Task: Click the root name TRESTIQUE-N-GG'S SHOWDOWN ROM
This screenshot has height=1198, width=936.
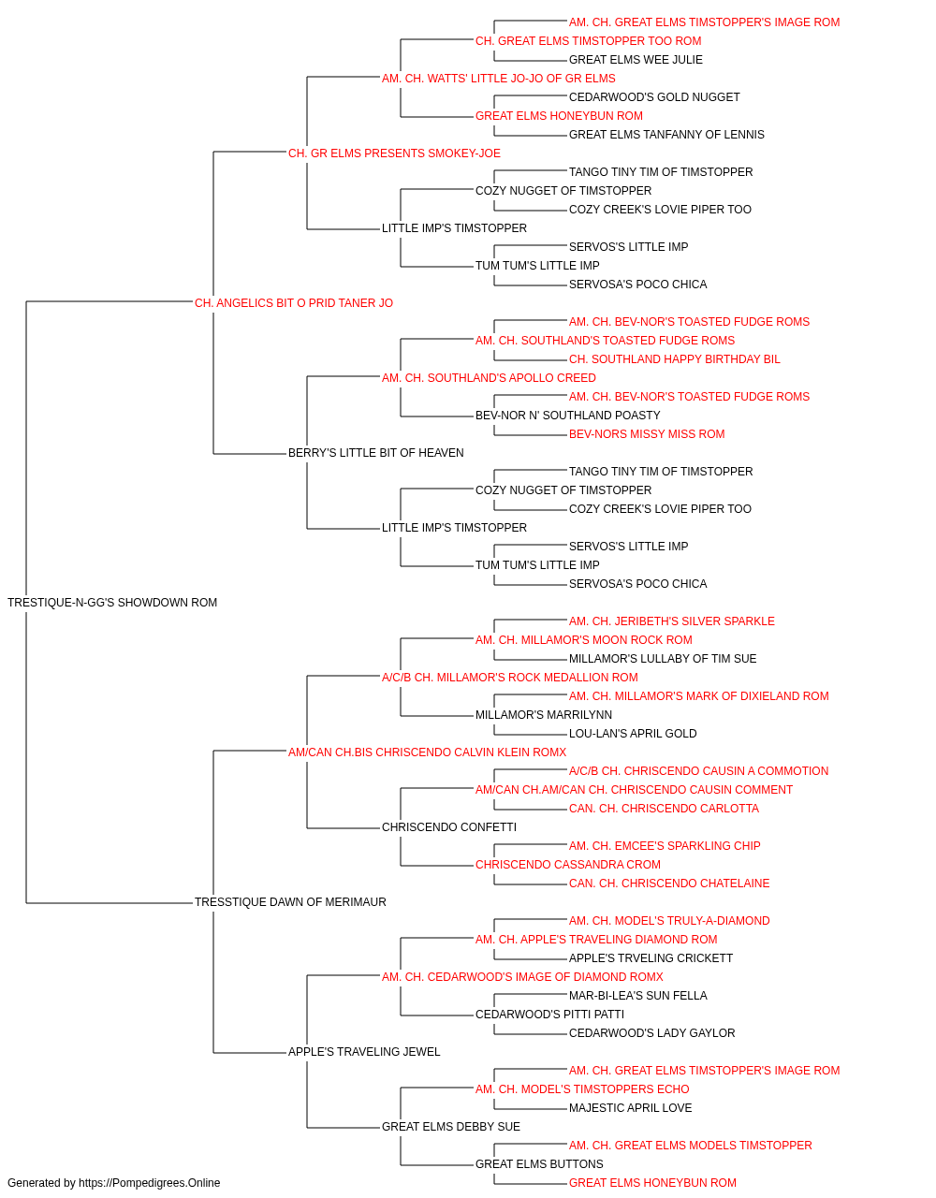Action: point(112,603)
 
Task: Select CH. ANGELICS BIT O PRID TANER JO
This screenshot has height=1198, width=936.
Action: point(294,303)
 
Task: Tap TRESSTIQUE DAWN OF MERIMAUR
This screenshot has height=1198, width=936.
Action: point(290,902)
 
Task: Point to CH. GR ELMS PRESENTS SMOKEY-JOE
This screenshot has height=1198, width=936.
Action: point(394,153)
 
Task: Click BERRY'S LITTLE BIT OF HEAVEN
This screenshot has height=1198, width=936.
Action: point(376,453)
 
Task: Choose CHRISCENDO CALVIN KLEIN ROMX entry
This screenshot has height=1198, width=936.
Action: point(427,752)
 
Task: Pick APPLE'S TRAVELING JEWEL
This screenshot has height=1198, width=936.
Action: point(364,1052)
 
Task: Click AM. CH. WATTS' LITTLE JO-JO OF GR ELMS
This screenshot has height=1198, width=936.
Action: point(499,79)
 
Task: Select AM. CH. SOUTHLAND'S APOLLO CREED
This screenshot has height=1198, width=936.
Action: point(489,377)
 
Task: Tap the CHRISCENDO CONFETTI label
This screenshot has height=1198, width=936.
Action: point(449,827)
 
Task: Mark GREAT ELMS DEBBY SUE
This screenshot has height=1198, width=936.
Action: point(451,1127)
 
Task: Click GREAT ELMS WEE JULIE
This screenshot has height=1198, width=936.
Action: point(636,60)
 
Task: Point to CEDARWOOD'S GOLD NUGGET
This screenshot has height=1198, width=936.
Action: point(654,97)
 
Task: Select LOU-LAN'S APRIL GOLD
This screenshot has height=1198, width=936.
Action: point(633,734)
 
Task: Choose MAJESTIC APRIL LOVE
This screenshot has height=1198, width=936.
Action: point(630,1108)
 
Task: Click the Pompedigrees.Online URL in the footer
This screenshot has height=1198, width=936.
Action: point(150,1183)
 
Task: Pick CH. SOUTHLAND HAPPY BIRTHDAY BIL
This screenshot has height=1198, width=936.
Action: point(675,358)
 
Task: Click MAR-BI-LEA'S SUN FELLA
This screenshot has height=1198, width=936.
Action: point(637,996)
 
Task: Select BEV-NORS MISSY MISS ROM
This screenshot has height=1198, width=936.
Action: point(647,434)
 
